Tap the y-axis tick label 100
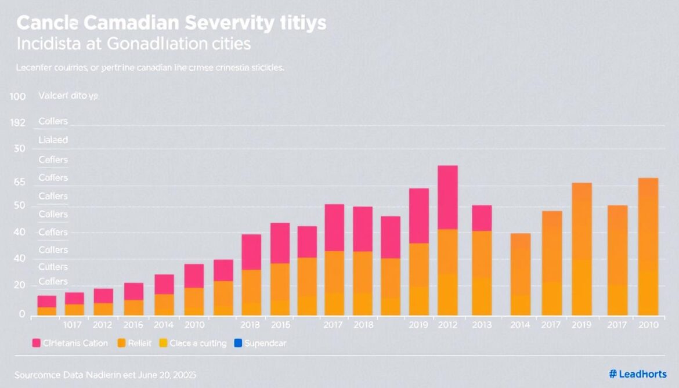coord(17,97)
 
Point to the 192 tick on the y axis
coord(17,123)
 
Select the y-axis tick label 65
coord(19,182)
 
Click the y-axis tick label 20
coord(19,285)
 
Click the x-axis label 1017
coord(74,325)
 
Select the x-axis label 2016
coord(133,325)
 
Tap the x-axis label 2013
coord(481,325)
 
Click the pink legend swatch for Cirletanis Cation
coord(36,343)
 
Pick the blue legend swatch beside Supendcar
coord(237,343)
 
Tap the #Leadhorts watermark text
coord(638,375)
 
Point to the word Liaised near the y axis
coord(53,140)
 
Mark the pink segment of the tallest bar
coord(447,197)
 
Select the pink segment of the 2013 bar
coord(481,218)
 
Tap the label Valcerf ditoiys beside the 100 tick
coord(68,97)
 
